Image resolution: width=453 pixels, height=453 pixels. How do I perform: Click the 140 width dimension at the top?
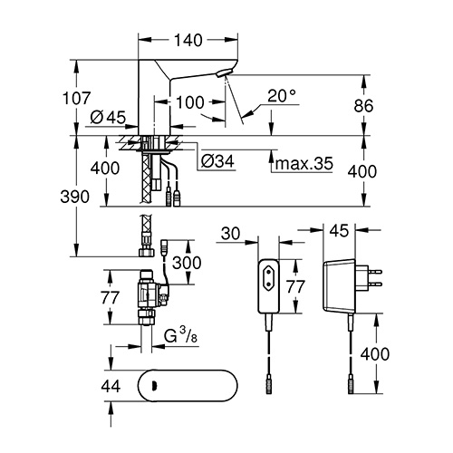pyautogui.click(x=188, y=40)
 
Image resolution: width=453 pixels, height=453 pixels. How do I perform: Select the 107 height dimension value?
pyautogui.click(x=76, y=98)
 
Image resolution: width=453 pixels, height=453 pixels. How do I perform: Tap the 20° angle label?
pyautogui.click(x=282, y=96)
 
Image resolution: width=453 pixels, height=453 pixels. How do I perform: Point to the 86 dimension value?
pyautogui.click(x=363, y=106)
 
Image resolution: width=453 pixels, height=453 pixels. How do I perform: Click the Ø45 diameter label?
pyautogui.click(x=108, y=117)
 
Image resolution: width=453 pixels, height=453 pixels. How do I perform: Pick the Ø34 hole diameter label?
pyautogui.click(x=217, y=161)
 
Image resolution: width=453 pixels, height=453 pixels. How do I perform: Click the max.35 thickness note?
pyautogui.click(x=304, y=163)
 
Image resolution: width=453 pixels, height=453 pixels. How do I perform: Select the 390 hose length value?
pyautogui.click(x=75, y=197)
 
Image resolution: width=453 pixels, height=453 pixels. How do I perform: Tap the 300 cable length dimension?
pyautogui.click(x=187, y=263)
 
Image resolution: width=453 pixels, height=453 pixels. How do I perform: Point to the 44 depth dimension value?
pyautogui.click(x=111, y=386)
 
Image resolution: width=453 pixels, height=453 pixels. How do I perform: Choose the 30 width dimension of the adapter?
pyautogui.click(x=230, y=234)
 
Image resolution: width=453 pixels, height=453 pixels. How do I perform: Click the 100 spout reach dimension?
pyautogui.click(x=189, y=102)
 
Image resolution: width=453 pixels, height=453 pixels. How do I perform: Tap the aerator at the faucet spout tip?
pyautogui.click(x=224, y=72)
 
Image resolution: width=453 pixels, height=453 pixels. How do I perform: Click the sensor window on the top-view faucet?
pyautogui.click(x=154, y=385)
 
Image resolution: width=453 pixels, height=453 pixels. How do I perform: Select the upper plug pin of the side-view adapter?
pyautogui.click(x=375, y=272)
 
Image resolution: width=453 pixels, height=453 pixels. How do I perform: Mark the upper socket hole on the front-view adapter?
pyautogui.click(x=268, y=271)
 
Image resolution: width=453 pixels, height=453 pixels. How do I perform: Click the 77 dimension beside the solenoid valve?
pyautogui.click(x=110, y=297)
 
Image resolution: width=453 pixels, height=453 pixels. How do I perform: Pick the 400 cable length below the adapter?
pyautogui.click(x=375, y=353)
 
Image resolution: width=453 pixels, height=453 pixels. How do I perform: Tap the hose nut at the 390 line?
pyautogui.click(x=147, y=252)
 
